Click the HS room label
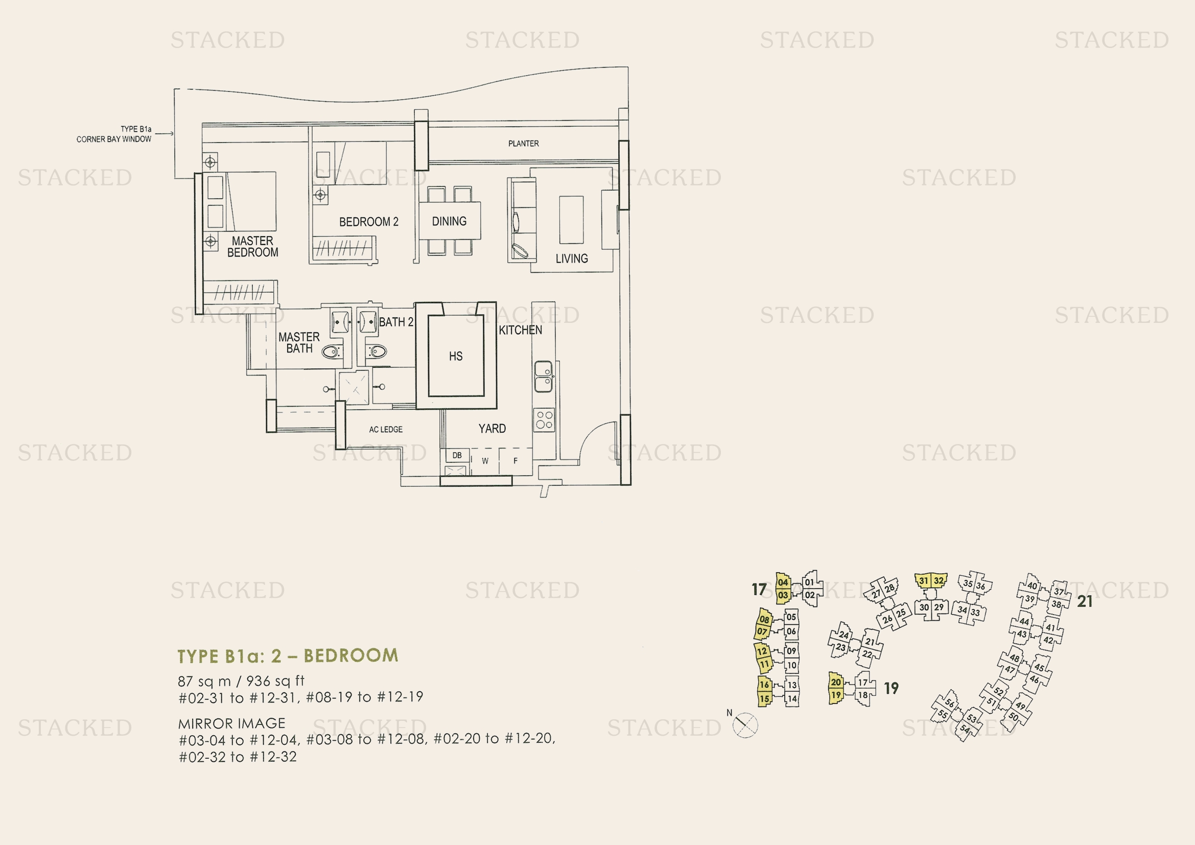pyautogui.click(x=455, y=357)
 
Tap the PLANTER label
pyautogui.click(x=523, y=144)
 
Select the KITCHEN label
pyautogui.click(x=520, y=331)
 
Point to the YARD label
pyautogui.click(x=492, y=429)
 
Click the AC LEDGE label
pyautogui.click(x=386, y=430)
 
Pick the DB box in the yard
pyautogui.click(x=456, y=456)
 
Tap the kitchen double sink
pyautogui.click(x=543, y=376)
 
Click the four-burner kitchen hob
pyautogui.click(x=544, y=420)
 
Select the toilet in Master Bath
pyautogui.click(x=331, y=353)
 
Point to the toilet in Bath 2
pyautogui.click(x=377, y=351)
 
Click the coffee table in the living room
pyautogui.click(x=571, y=220)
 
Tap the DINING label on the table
pyautogui.click(x=449, y=222)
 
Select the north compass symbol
pyautogui.click(x=745, y=725)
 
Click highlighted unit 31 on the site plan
pyautogui.click(x=923, y=581)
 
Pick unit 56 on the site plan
pyautogui.click(x=949, y=703)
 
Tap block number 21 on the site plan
pyautogui.click(x=1085, y=601)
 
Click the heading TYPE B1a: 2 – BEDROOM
pyautogui.click(x=288, y=655)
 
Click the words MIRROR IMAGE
pyautogui.click(x=231, y=724)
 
